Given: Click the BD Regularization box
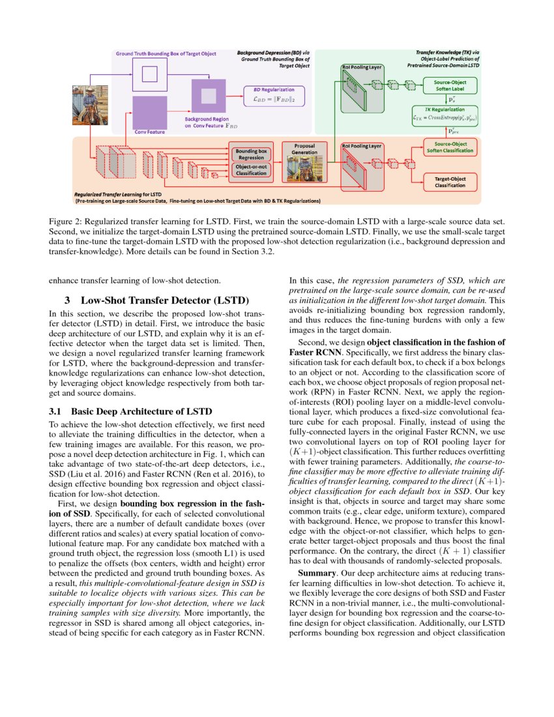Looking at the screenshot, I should pyautogui.click(x=273, y=96).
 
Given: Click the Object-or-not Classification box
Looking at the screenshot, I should pyautogui.click(x=251, y=170).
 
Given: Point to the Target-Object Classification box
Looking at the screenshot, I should pyautogui.click(x=450, y=181).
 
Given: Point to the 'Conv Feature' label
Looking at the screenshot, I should pyautogui.click(x=149, y=132).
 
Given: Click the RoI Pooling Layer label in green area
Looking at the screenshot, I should pyautogui.click(x=362, y=66).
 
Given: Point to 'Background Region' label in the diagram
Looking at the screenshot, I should pyautogui.click(x=206, y=121).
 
